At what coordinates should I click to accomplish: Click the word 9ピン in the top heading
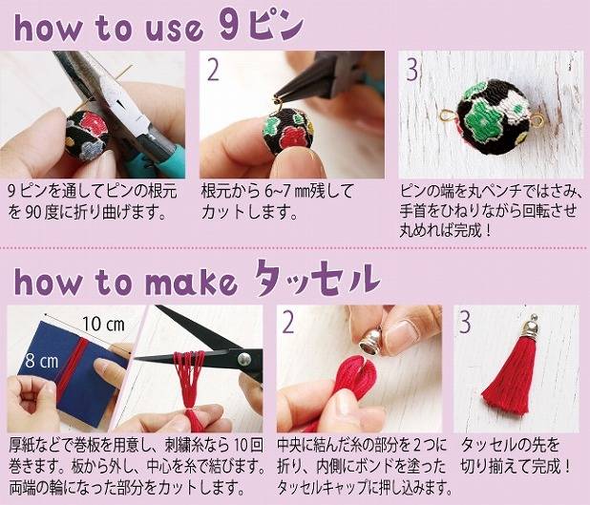[x=261, y=26]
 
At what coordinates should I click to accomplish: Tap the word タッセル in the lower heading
[x=315, y=280]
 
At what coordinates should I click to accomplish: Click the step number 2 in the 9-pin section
[x=213, y=71]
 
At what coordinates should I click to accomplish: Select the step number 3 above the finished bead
[x=412, y=71]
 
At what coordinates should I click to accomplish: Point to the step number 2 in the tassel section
[x=288, y=323]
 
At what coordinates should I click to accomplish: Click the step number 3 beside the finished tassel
[x=465, y=323]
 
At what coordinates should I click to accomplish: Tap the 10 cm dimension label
[x=103, y=324]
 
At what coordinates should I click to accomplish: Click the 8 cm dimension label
[x=42, y=361]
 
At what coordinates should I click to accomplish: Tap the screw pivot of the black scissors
[x=243, y=359]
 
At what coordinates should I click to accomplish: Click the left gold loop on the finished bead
[x=448, y=116]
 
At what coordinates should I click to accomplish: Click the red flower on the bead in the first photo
[x=92, y=122]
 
